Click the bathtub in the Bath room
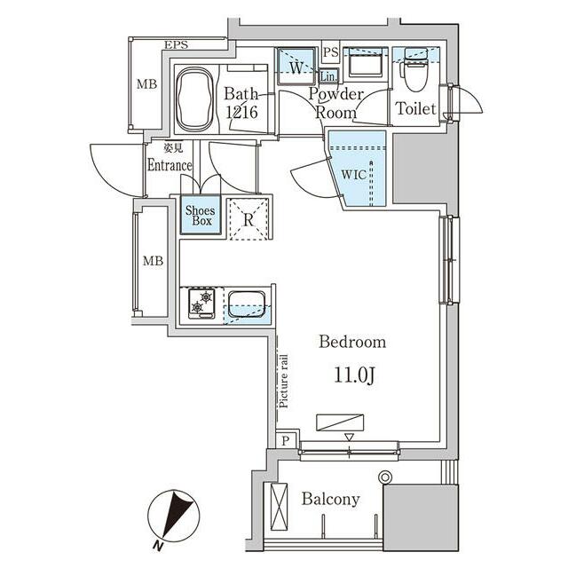194,100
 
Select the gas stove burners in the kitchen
201,304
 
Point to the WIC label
353,175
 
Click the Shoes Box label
201,215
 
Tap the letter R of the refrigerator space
248,220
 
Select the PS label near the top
330,53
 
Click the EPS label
177,45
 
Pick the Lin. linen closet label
328,76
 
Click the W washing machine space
296,67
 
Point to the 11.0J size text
354,375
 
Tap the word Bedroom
352,342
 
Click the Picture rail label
284,381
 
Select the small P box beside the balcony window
286,440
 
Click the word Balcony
331,499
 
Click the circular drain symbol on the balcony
384,477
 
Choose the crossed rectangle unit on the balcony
279,507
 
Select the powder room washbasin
366,62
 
